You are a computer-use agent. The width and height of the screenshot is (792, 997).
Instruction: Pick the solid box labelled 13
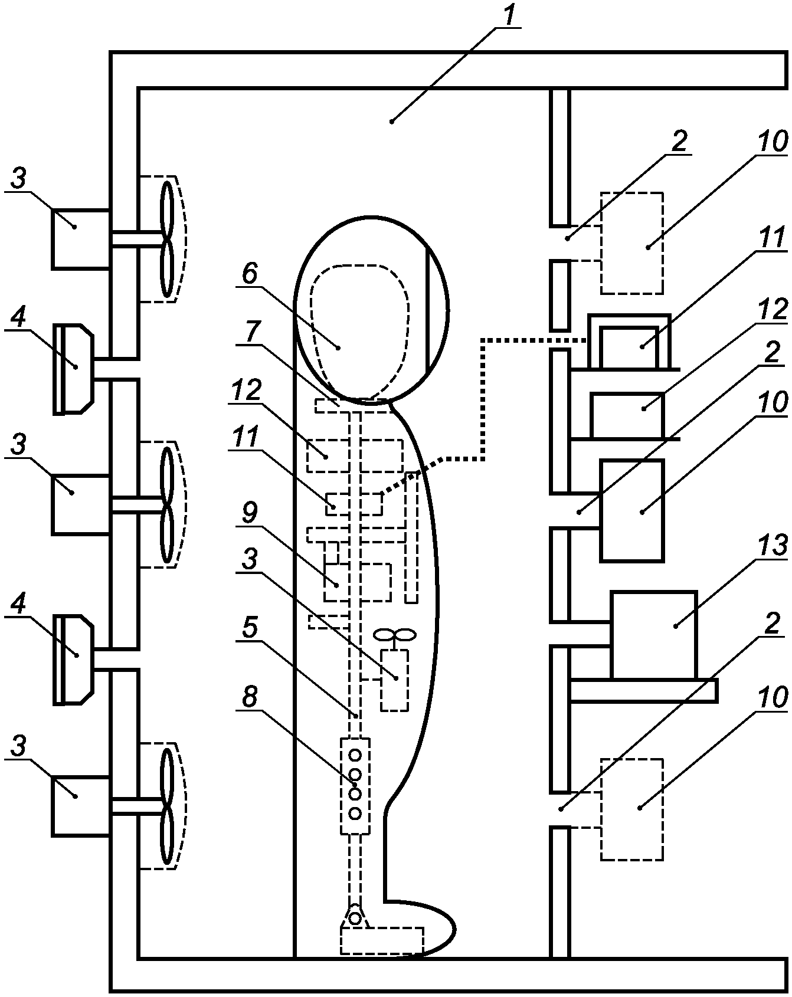653,635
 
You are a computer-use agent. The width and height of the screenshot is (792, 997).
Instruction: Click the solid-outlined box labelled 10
631,510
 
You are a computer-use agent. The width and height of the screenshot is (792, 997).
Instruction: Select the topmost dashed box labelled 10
631,242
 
